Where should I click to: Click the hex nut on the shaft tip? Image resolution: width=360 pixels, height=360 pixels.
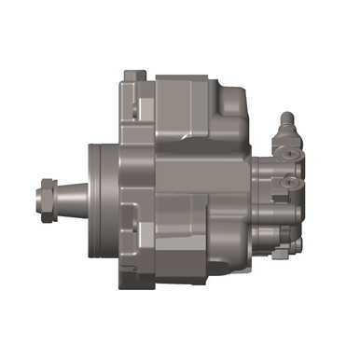(x=44, y=197)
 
